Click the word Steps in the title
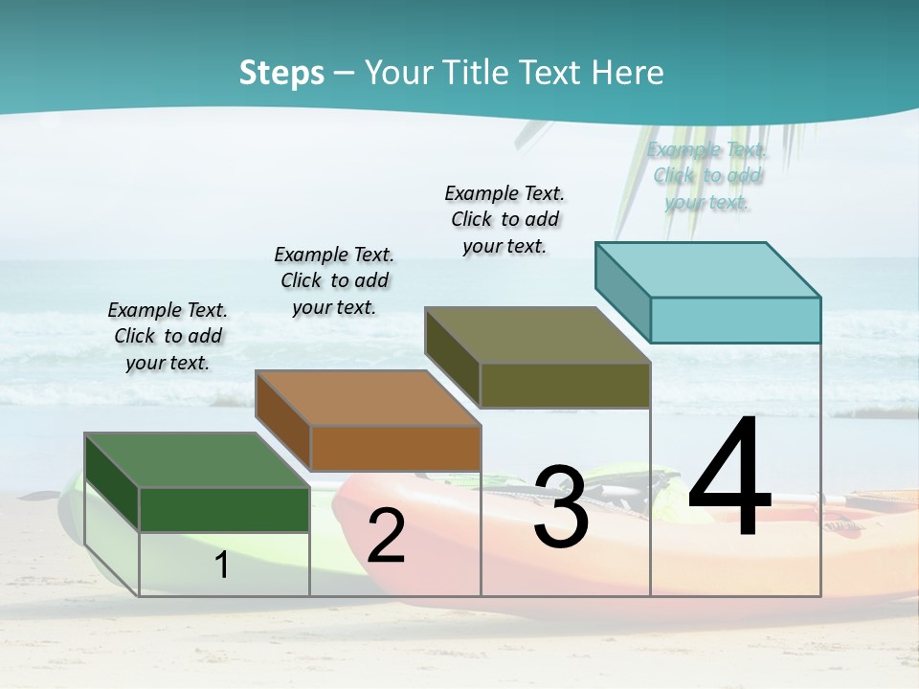click(x=281, y=73)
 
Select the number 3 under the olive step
click(x=560, y=507)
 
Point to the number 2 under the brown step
click(x=386, y=536)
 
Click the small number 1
click(x=222, y=565)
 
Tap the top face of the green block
click(x=197, y=459)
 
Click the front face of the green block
click(x=224, y=509)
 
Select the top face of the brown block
click(x=368, y=397)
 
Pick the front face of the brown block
click(x=395, y=448)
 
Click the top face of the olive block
click(x=537, y=335)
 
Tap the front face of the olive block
click(x=565, y=385)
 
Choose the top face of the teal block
click(x=707, y=269)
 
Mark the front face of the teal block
click(x=735, y=320)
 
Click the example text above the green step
click(x=168, y=336)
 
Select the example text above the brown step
click(x=334, y=280)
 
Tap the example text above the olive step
click(x=504, y=219)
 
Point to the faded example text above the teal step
click(x=706, y=176)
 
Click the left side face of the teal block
click(x=622, y=288)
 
